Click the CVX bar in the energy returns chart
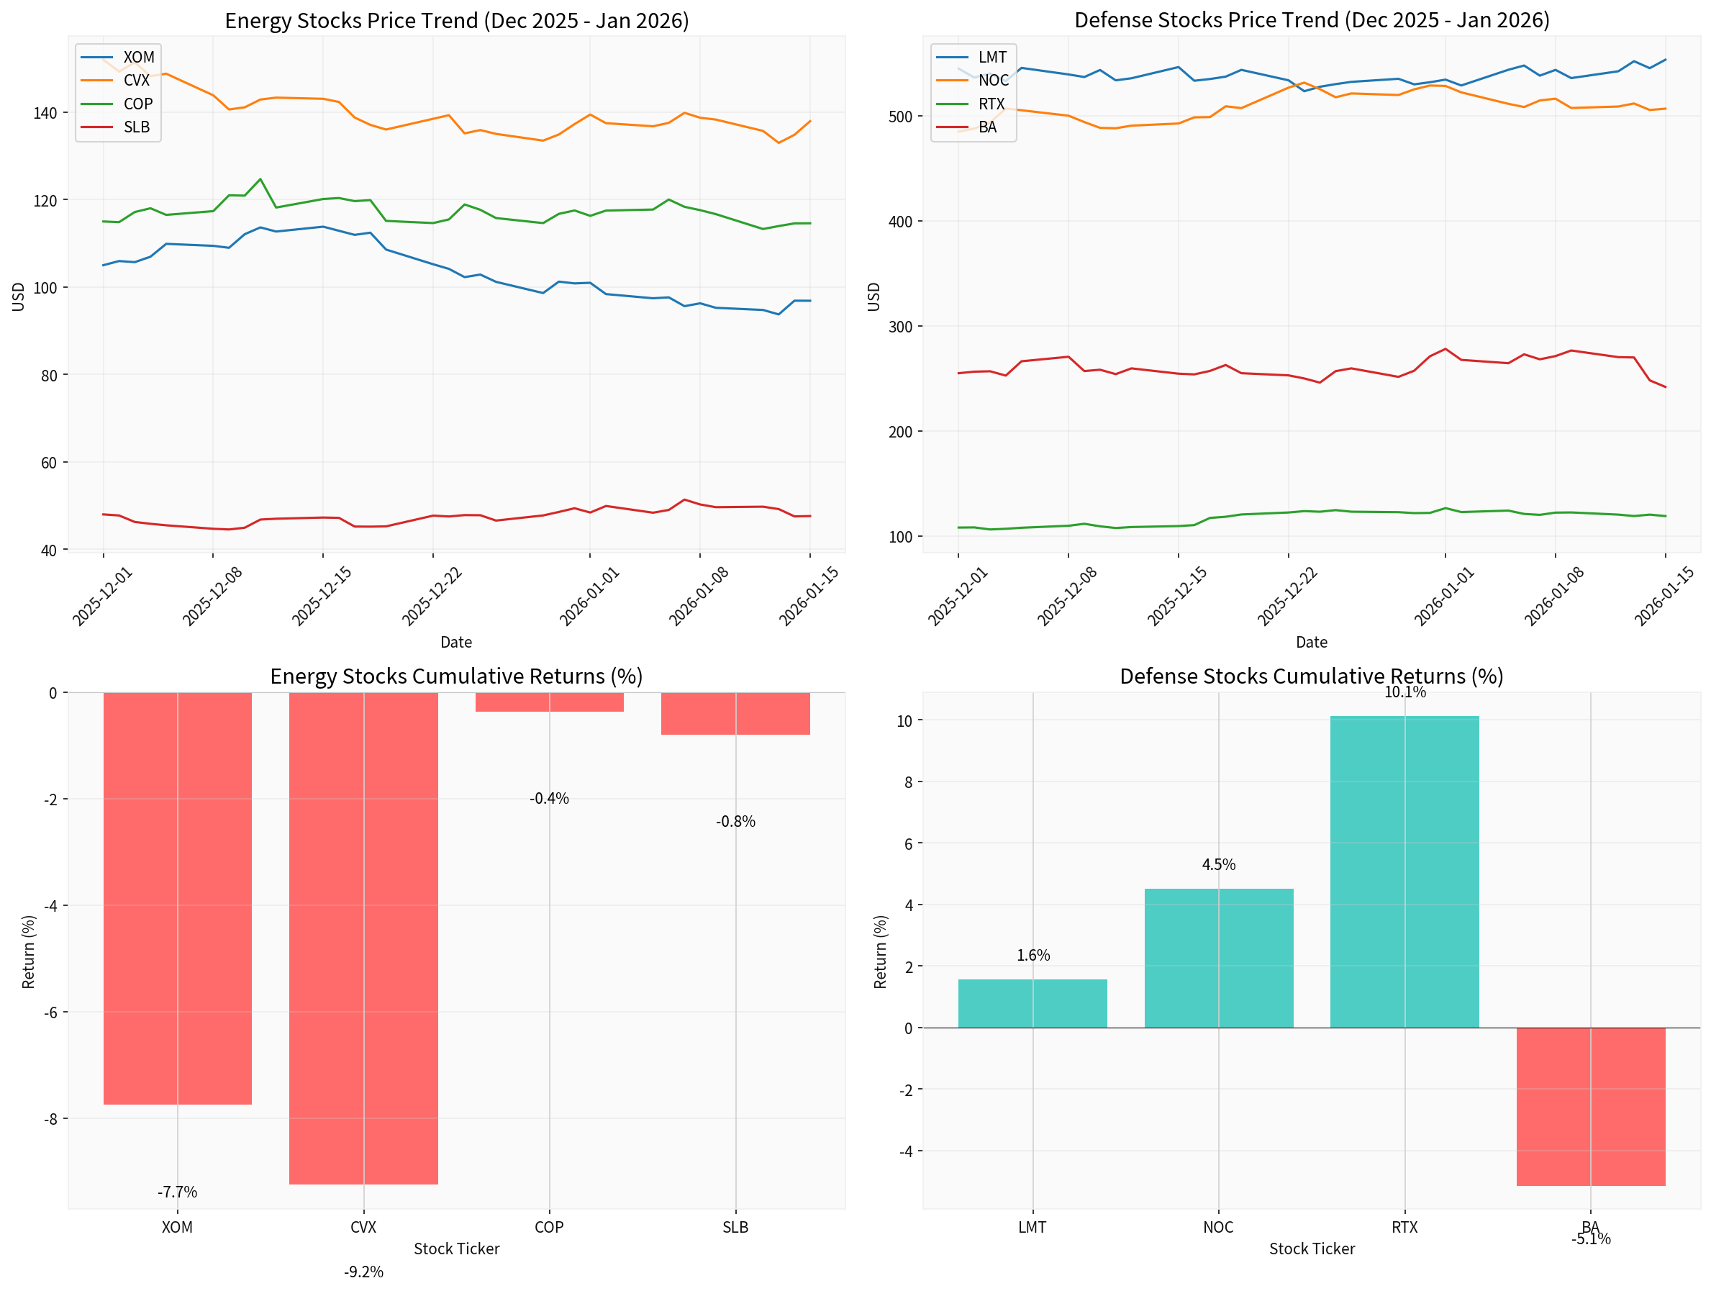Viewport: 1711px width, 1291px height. tap(363, 938)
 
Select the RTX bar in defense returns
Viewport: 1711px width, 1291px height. tap(1404, 871)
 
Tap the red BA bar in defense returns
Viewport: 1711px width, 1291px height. tap(1590, 1106)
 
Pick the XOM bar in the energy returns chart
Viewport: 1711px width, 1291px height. tap(177, 897)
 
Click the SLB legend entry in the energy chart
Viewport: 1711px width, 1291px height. tap(136, 127)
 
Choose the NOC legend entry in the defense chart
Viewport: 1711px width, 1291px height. tap(992, 81)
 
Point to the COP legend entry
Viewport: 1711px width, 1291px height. tap(137, 104)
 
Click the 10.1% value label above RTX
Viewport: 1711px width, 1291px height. tap(1404, 692)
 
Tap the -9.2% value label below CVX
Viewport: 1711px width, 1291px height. tap(363, 1272)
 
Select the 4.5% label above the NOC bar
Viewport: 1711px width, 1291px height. tap(1218, 865)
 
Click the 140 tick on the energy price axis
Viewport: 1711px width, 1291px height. tap(45, 113)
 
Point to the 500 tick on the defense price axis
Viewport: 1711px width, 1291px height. tap(900, 117)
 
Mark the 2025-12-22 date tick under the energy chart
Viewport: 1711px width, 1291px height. tap(432, 597)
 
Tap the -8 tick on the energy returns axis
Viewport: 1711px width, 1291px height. tap(50, 1118)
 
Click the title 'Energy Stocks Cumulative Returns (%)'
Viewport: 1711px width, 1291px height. tap(456, 676)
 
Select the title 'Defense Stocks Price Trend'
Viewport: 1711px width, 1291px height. tap(1312, 20)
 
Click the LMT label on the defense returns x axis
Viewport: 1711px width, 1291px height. tap(1032, 1227)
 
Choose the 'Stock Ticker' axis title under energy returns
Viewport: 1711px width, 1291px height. tap(456, 1249)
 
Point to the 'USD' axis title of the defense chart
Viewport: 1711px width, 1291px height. tap(874, 296)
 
